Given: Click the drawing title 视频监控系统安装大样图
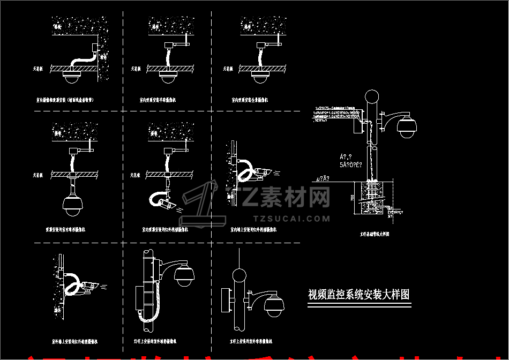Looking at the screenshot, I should (x=359, y=295).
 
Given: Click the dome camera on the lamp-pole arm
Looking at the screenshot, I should (x=184, y=274).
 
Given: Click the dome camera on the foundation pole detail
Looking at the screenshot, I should (x=407, y=126).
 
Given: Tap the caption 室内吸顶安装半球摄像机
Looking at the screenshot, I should (x=158, y=100).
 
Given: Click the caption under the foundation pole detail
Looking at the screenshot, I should (x=375, y=234).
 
